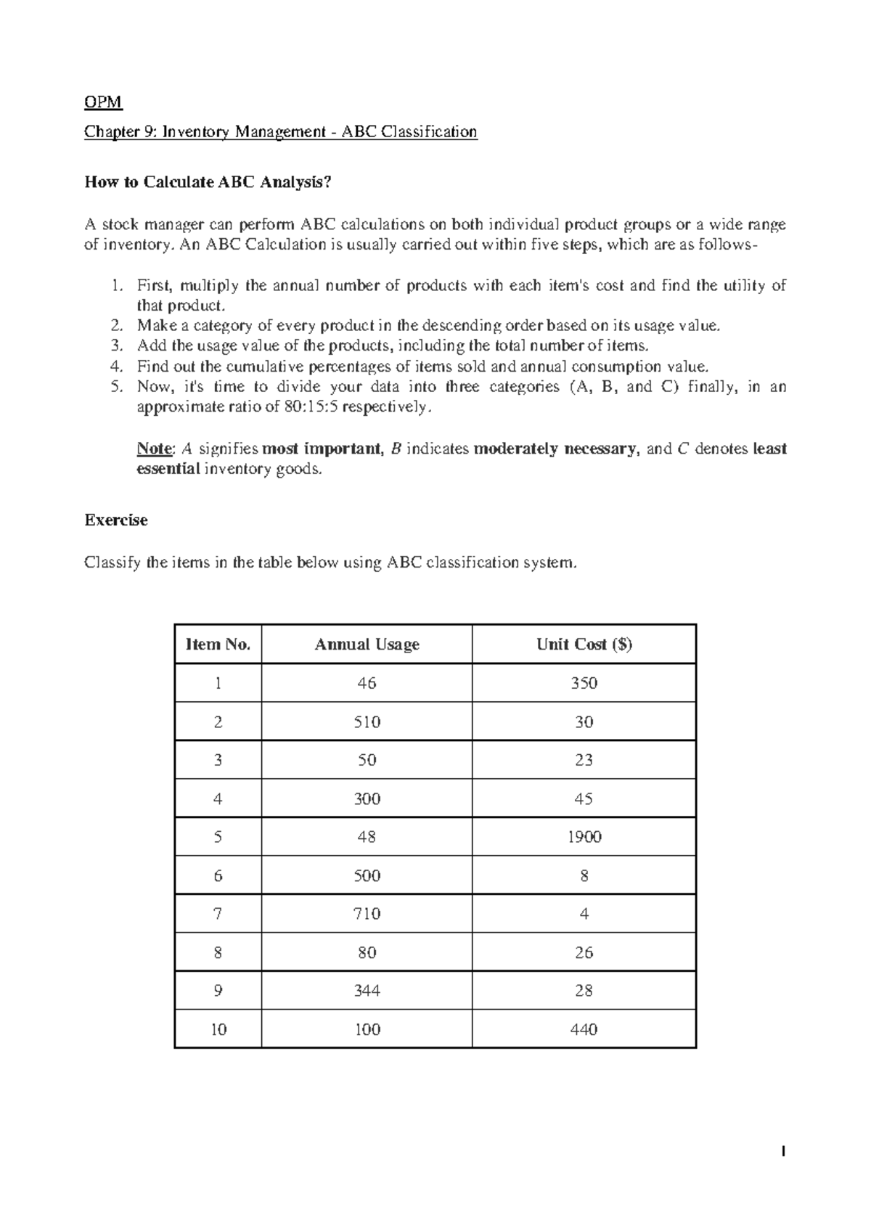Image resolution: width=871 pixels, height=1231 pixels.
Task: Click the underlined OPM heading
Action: pyautogui.click(x=103, y=102)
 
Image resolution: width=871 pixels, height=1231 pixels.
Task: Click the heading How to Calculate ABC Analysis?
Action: pyautogui.click(x=208, y=182)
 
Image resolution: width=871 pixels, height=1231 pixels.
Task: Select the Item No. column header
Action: pyautogui.click(x=218, y=644)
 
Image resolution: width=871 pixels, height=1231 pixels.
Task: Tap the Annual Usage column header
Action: pyautogui.click(x=367, y=644)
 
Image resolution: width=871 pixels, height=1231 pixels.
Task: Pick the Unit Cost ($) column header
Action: pyautogui.click(x=584, y=644)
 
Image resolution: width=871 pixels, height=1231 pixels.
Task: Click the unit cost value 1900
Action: pyautogui.click(x=584, y=837)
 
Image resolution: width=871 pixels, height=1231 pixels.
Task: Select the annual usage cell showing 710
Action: pyautogui.click(x=367, y=914)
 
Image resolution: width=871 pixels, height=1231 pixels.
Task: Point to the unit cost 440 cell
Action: pyautogui.click(x=584, y=1029)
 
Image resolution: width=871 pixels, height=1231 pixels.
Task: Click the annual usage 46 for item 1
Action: pyautogui.click(x=367, y=683)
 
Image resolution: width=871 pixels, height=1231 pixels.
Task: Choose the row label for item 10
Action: pyautogui.click(x=218, y=1029)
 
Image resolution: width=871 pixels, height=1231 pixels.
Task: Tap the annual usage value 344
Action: pyautogui.click(x=367, y=991)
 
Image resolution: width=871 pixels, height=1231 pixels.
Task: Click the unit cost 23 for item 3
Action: pyautogui.click(x=584, y=760)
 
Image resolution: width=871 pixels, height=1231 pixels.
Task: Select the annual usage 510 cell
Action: pyautogui.click(x=367, y=722)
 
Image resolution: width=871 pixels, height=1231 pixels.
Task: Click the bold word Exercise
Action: pyautogui.click(x=116, y=520)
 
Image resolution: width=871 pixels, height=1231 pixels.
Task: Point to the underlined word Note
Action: pyautogui.click(x=155, y=449)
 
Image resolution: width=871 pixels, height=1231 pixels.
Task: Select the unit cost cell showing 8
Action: pyautogui.click(x=584, y=875)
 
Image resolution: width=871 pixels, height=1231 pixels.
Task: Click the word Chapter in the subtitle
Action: pyautogui.click(x=109, y=131)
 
